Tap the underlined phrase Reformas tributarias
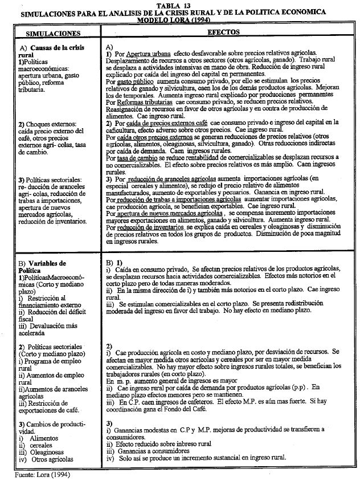(140, 102)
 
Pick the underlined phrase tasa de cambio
(136, 157)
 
